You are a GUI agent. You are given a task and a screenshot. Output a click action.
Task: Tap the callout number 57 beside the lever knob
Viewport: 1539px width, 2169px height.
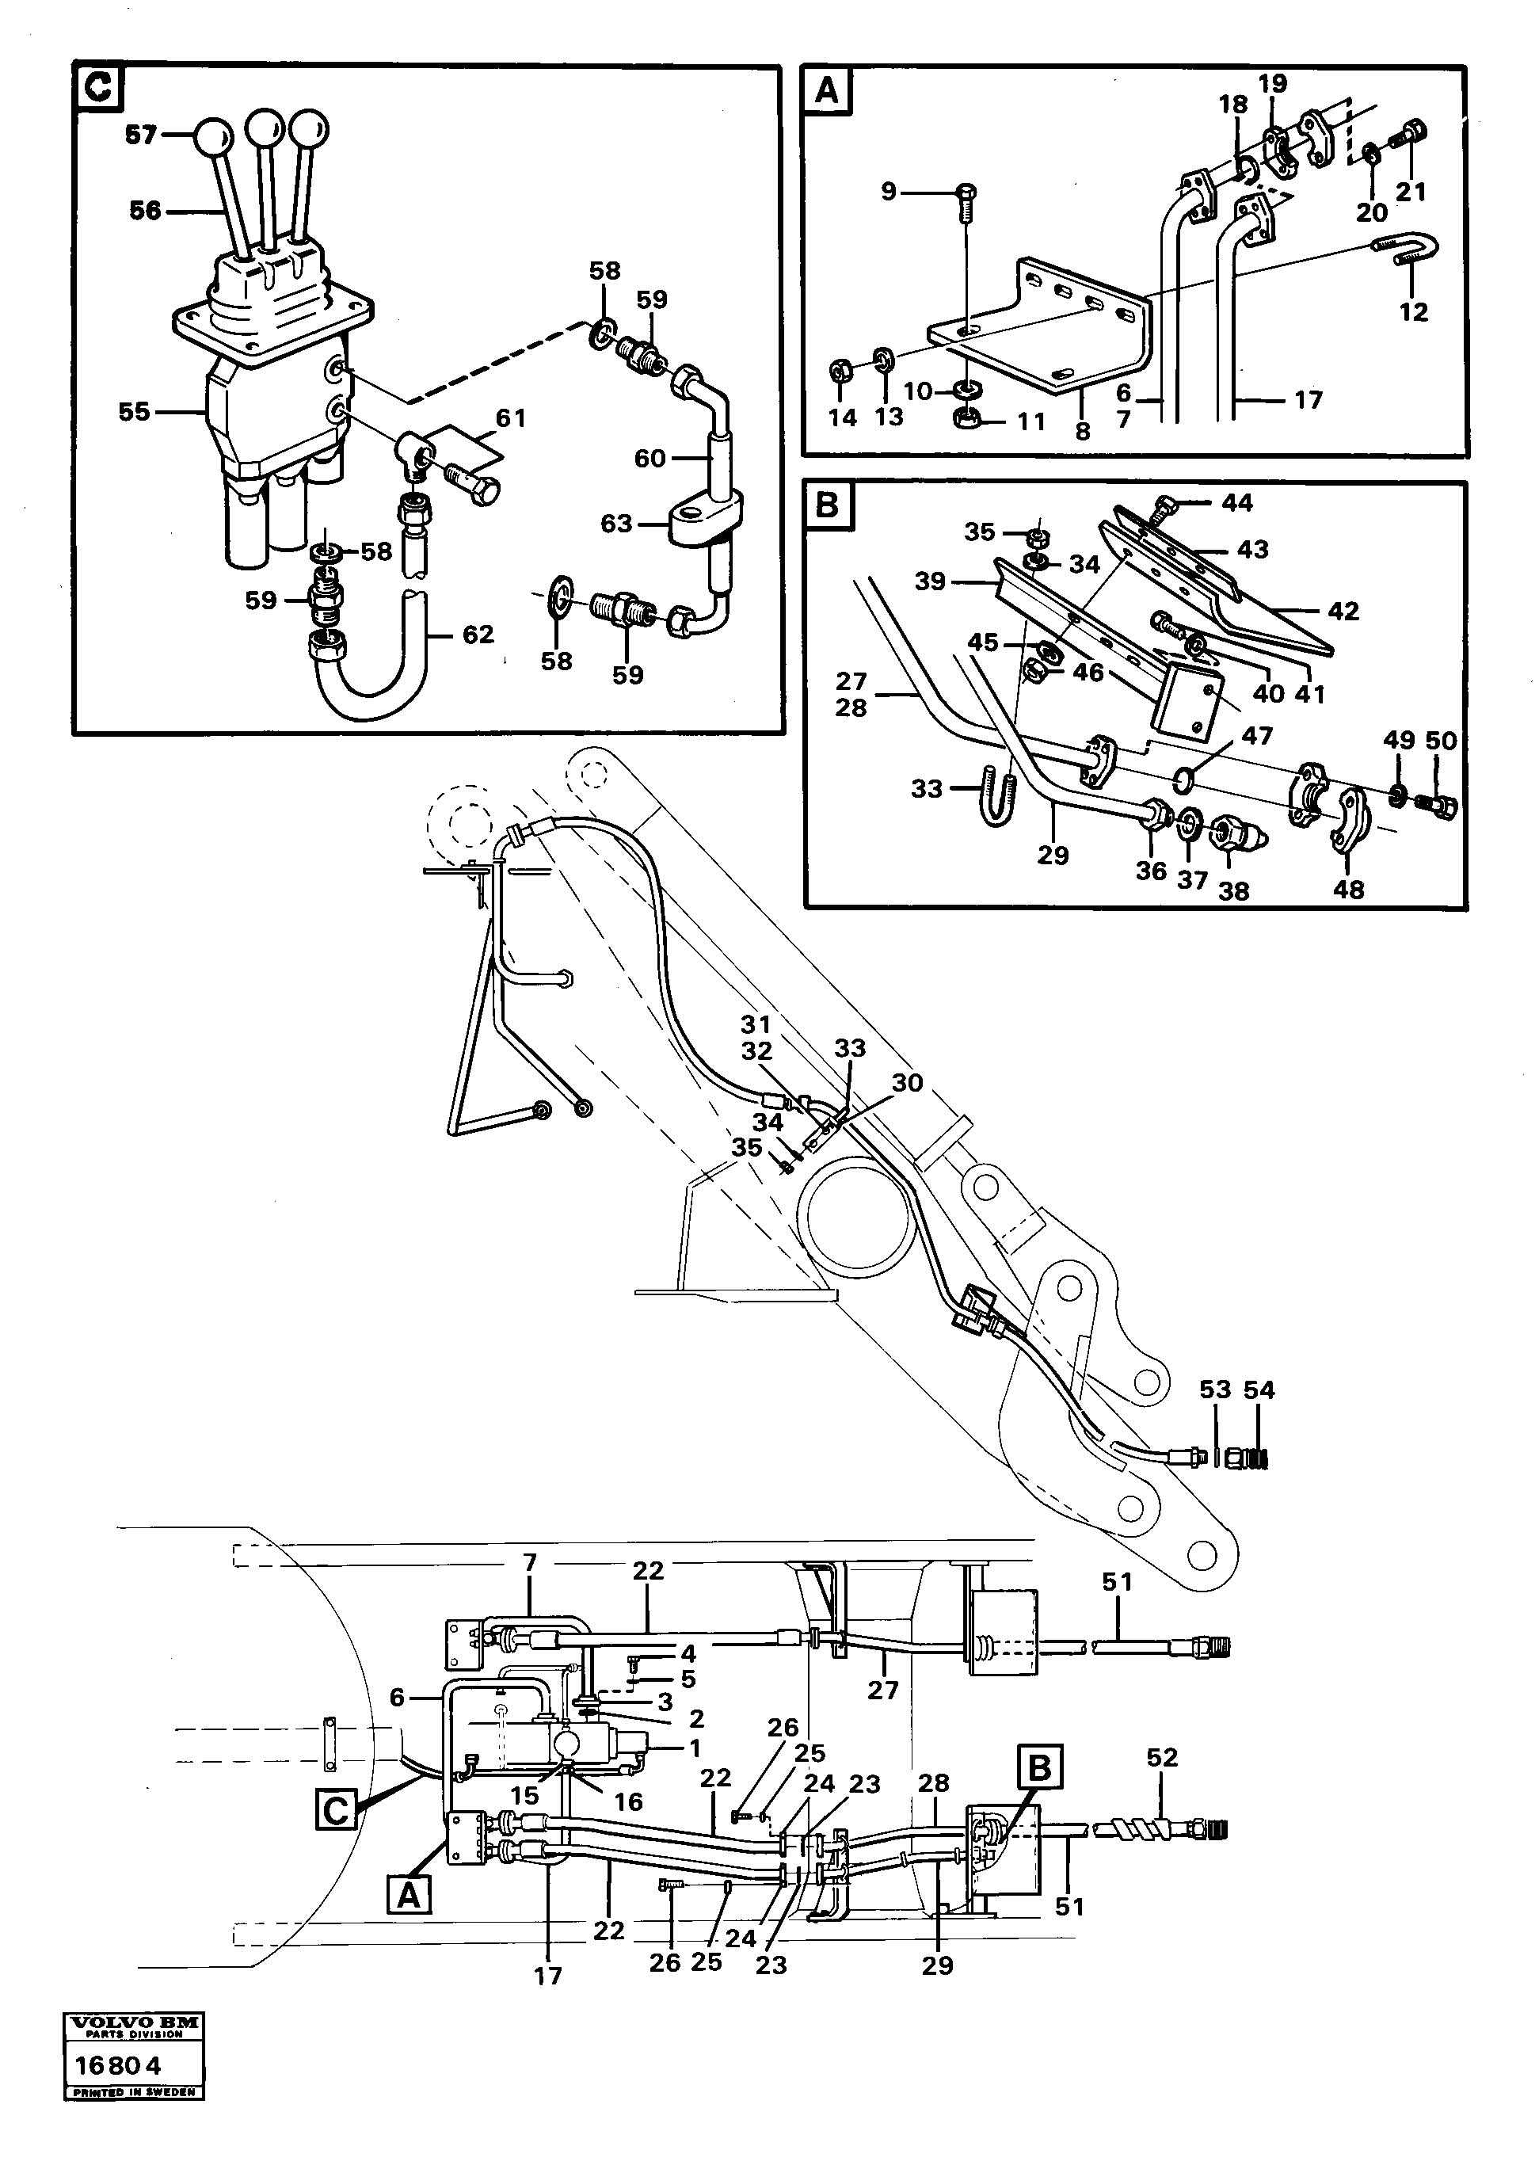pos(141,135)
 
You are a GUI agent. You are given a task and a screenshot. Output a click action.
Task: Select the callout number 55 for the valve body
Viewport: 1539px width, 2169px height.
pos(134,411)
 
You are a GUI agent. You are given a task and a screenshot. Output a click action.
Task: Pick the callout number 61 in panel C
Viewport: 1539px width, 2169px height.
pos(511,418)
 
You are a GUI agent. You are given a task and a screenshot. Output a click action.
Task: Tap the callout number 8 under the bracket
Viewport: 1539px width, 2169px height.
pos(1082,431)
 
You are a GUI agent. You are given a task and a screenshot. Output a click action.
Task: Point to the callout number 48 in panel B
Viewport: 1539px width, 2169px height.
pos(1349,889)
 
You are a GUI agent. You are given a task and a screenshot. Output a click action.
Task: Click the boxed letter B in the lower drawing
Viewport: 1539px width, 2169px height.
pos(1039,1767)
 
